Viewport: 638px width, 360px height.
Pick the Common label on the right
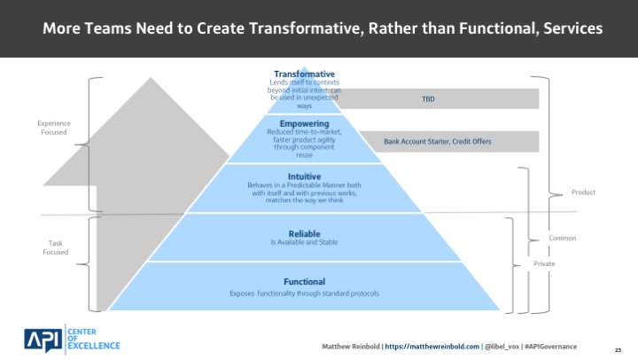click(564, 239)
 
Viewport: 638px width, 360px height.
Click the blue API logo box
click(41, 339)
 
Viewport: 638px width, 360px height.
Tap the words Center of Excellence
click(93, 339)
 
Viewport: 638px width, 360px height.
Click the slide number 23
click(617, 348)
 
